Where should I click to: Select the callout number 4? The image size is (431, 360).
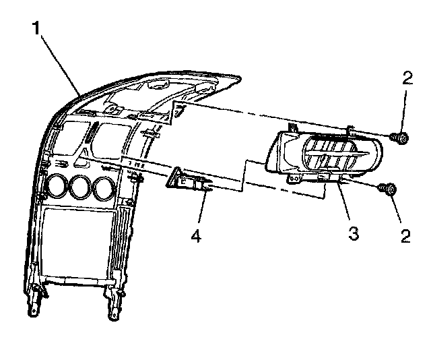tap(195, 237)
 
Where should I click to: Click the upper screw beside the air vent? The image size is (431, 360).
tap(400, 139)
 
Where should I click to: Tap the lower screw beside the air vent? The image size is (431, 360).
tap(389, 190)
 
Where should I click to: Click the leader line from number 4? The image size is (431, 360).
tap(200, 209)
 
